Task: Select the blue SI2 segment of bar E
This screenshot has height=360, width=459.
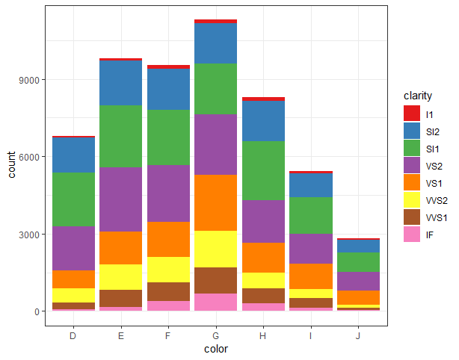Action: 121,83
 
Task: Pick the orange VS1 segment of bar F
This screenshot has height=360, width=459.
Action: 168,239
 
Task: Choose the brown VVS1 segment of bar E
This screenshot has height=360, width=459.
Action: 121,298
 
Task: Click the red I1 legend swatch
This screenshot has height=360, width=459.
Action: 411,114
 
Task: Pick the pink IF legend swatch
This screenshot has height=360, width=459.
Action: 411,235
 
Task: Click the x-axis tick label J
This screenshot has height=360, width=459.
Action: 357,335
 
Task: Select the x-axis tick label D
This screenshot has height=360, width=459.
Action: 73,335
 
